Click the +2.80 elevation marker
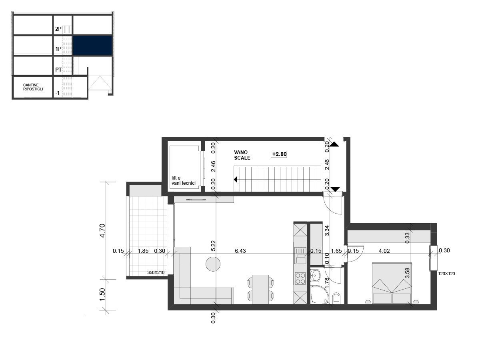click(279, 154)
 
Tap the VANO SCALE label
click(242, 155)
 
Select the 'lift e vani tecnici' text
click(183, 180)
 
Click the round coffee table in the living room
click(213, 264)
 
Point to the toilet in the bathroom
click(336, 298)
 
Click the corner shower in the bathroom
click(319, 294)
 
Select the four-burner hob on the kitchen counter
click(300, 278)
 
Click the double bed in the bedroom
click(392, 283)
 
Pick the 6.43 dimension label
click(240, 251)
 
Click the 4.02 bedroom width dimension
click(384, 251)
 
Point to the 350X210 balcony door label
click(156, 272)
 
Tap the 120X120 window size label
click(446, 274)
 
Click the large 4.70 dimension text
click(102, 230)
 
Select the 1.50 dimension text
click(102, 294)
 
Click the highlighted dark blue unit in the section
click(92, 46)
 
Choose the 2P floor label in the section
click(58, 29)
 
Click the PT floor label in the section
click(58, 70)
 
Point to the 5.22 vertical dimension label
click(214, 246)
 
